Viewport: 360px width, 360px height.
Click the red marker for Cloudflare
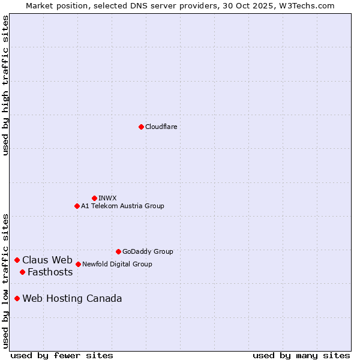click(x=141, y=127)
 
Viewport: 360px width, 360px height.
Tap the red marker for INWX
click(x=94, y=198)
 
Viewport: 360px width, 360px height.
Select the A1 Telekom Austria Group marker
click(x=77, y=206)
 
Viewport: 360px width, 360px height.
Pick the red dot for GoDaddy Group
click(x=118, y=251)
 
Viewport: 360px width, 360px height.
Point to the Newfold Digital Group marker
click(x=78, y=264)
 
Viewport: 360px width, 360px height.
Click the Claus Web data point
click(x=17, y=260)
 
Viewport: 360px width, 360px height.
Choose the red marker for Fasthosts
click(x=22, y=272)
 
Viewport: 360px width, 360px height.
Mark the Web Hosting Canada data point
click(x=17, y=298)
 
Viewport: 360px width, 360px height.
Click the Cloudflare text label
click(x=161, y=127)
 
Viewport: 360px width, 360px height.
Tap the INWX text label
click(x=107, y=198)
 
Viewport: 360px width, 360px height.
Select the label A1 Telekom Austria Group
click(x=122, y=206)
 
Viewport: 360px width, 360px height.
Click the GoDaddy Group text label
click(x=148, y=251)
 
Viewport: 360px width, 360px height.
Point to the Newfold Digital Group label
click(x=117, y=264)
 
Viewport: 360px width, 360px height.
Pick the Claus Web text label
click(x=47, y=260)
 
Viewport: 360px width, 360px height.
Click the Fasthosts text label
click(x=50, y=272)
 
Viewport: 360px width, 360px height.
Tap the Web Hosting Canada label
click(x=72, y=298)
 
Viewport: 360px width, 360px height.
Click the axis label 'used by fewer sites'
click(x=62, y=355)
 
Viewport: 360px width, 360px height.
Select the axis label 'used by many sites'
click(x=301, y=355)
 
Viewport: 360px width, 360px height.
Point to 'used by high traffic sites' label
click(x=5, y=85)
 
